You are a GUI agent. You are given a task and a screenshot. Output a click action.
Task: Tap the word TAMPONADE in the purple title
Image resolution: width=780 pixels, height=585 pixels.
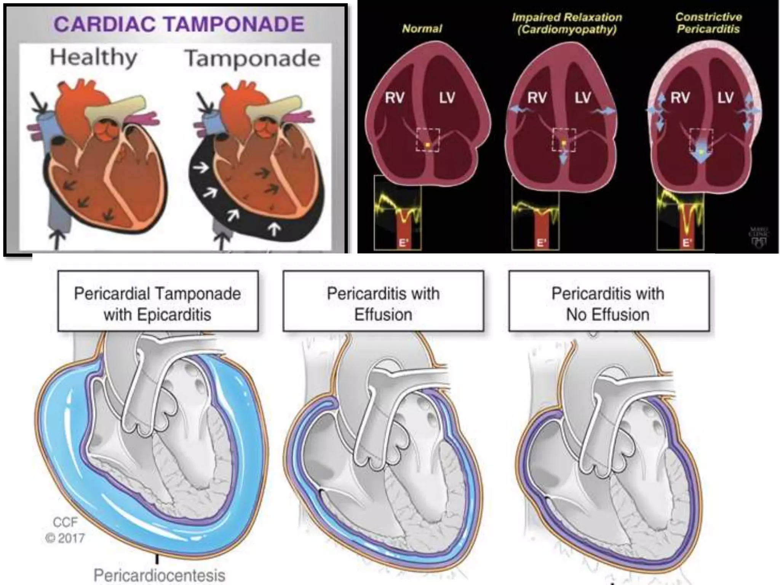pos(235,24)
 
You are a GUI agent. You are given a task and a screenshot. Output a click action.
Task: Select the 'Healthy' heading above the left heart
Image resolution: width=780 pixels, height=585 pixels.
pos(94,58)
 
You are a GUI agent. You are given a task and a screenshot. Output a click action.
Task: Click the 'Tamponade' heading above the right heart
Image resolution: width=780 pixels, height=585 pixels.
pos(252,59)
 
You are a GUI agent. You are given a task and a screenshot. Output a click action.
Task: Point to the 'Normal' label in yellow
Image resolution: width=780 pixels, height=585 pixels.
pos(422,29)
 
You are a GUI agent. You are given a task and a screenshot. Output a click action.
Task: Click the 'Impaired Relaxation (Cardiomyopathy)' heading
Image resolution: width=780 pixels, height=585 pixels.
pos(567,23)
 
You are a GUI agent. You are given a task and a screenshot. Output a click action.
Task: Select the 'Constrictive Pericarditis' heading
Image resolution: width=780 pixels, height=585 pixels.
pos(708,23)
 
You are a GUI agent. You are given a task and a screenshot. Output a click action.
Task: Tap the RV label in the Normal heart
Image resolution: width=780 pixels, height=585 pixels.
pos(394,98)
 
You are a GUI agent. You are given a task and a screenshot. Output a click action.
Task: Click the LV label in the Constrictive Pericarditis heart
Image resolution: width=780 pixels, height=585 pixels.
pos(725,98)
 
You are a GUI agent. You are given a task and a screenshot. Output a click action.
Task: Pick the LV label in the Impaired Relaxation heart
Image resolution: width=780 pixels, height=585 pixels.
pos(583,98)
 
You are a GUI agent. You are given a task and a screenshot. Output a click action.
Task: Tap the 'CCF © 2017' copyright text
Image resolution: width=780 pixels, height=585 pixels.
pos(65,530)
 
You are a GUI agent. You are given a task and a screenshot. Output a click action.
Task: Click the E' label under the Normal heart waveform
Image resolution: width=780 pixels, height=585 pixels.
pos(403,243)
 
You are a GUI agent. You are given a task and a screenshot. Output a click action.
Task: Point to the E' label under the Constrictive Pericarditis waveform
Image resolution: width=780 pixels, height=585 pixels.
pos(687,243)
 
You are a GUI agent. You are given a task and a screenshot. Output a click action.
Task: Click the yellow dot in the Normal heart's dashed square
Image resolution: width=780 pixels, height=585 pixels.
pos(428,145)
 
